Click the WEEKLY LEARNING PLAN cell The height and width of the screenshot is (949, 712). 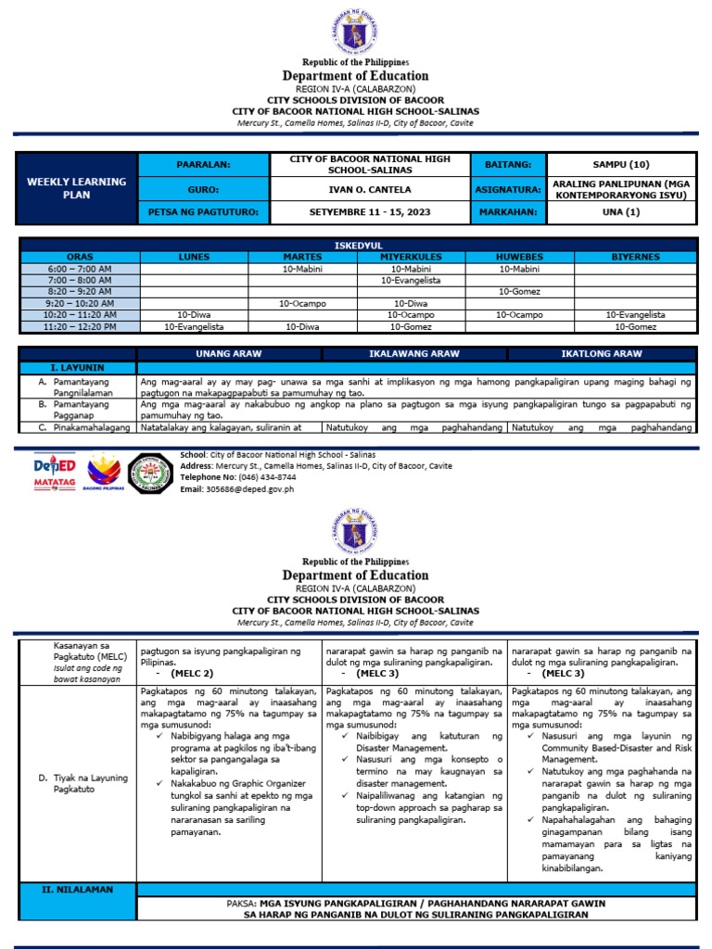point(76,188)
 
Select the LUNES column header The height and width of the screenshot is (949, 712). point(194,257)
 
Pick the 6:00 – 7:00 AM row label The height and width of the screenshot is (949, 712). point(78,268)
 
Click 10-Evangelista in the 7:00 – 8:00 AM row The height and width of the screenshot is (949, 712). point(411,279)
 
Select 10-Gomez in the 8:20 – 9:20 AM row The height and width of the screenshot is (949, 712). point(519,291)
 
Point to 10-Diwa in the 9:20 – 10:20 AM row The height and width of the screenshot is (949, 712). point(411,303)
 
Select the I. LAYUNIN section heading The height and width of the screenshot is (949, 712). point(78,367)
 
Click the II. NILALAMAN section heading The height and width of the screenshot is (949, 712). point(78,890)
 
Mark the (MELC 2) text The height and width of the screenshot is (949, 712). point(192,674)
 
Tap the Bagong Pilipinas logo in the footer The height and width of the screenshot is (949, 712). point(103,472)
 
